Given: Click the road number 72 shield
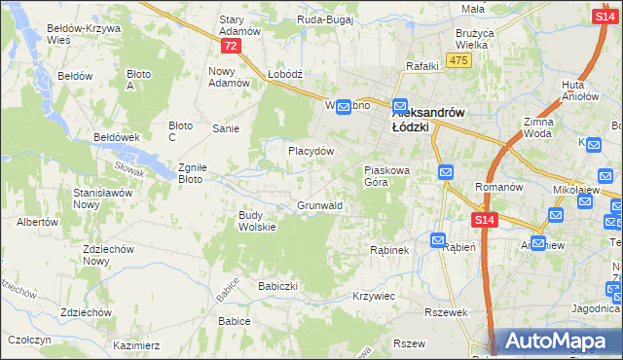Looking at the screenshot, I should (x=230, y=46).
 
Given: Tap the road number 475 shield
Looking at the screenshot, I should (x=459, y=60).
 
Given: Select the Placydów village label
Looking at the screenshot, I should (x=311, y=152).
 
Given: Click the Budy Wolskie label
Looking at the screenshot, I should (x=258, y=221).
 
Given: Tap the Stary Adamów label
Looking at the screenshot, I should (x=239, y=25).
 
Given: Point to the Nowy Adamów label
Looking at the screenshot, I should (x=230, y=77).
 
